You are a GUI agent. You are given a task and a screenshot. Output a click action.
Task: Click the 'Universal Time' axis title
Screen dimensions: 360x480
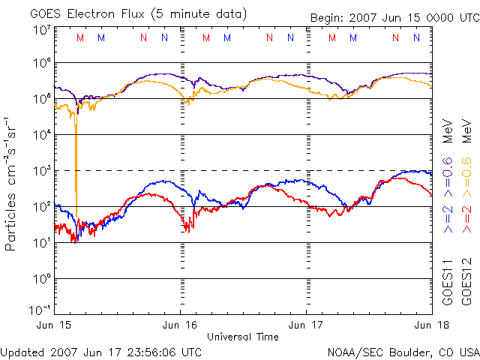click(x=243, y=337)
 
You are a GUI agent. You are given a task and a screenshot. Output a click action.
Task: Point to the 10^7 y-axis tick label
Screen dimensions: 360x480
click(x=41, y=31)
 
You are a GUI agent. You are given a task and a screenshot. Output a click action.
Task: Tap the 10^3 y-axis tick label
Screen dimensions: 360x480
click(x=41, y=171)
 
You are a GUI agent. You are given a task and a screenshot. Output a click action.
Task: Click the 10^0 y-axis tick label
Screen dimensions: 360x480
click(x=41, y=279)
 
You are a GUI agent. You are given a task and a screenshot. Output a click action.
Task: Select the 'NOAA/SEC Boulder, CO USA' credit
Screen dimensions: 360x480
click(x=403, y=352)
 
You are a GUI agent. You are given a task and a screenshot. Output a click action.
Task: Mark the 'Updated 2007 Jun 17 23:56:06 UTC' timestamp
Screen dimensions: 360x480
click(x=101, y=352)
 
